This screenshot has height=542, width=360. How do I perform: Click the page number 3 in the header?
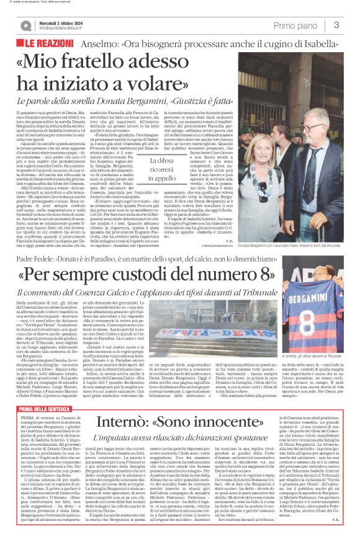[x=336, y=25]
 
